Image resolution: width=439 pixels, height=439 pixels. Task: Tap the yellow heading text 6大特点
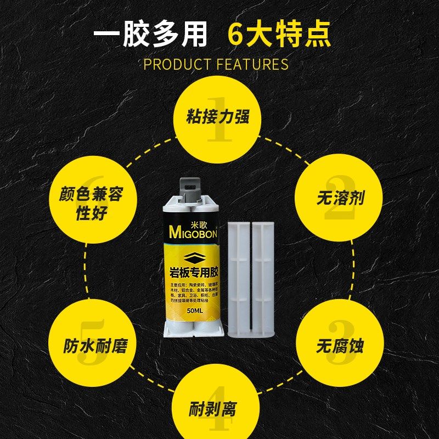coord(279,35)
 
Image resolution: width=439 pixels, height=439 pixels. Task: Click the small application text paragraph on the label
coord(194,294)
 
